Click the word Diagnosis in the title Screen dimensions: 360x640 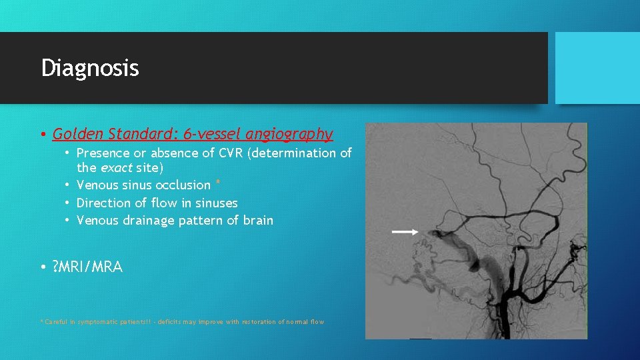tap(90, 68)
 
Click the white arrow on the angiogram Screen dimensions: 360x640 tap(405, 231)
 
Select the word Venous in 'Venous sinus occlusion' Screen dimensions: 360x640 tap(98, 185)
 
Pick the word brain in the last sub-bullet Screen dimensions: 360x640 tap(257, 221)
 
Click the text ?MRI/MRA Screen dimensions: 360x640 tap(87, 267)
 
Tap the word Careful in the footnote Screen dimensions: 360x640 tap(55, 322)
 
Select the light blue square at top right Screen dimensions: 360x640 tap(597, 68)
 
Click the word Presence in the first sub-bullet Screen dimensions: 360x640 tap(104, 153)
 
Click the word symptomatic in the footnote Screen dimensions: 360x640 tap(97, 322)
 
